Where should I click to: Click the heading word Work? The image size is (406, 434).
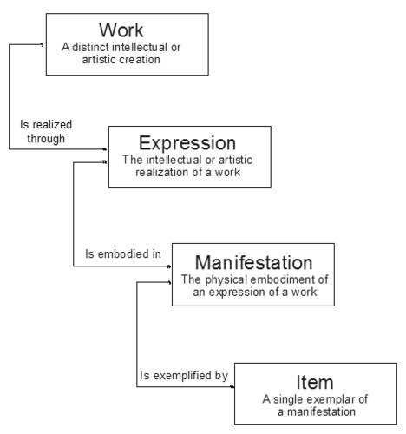click(121, 30)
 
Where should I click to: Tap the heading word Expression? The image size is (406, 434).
click(187, 143)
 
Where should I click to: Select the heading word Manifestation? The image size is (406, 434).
click(253, 262)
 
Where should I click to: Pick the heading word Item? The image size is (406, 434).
click(315, 382)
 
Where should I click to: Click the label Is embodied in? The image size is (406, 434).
click(123, 253)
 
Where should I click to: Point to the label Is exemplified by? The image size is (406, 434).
click(184, 376)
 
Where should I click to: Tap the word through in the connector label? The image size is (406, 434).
click(46, 139)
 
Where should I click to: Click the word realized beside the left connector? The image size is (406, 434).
click(52, 124)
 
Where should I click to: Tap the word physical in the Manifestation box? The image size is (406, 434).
click(226, 279)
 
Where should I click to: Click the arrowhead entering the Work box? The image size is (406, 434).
click(43, 45)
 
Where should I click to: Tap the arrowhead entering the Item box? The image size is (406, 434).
click(232, 386)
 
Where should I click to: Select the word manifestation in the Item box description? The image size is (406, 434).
click(321, 411)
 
